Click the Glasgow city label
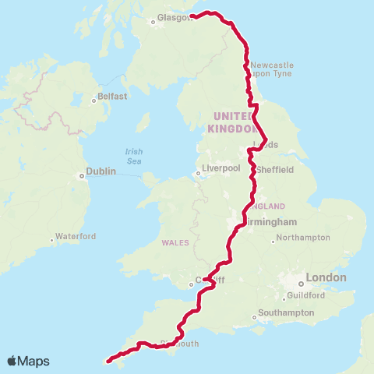(x=174, y=17)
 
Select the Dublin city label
(x=101, y=171)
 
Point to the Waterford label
(x=77, y=236)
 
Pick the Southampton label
(x=288, y=313)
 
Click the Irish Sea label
(x=135, y=156)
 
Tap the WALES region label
(x=175, y=242)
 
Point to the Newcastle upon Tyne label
(x=272, y=70)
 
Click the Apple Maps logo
(x=29, y=361)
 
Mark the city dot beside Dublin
(x=82, y=176)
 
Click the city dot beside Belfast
(x=93, y=98)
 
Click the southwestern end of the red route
(x=108, y=361)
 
